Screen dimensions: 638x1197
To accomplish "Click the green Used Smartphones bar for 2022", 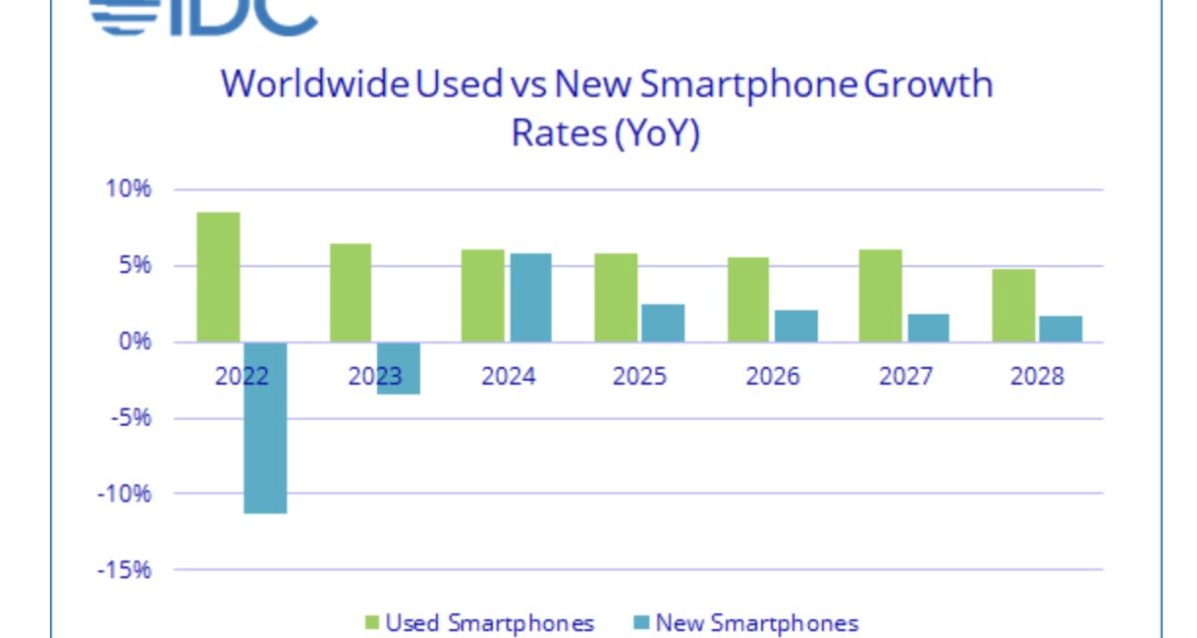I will [218, 277].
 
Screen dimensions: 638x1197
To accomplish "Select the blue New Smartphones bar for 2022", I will [264, 428].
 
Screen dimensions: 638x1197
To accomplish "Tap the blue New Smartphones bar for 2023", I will [397, 368].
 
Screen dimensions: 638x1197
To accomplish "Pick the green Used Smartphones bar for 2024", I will [483, 295].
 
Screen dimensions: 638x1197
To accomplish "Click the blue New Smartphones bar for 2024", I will [530, 297].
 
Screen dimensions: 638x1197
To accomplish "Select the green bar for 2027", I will [881, 295].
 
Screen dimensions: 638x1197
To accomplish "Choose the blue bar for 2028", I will [1059, 329].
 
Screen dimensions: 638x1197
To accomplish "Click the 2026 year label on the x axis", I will [773, 377].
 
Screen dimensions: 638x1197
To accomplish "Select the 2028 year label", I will [1036, 377].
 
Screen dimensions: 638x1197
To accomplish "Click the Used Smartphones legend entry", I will [478, 624].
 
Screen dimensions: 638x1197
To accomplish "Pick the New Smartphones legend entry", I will [743, 624].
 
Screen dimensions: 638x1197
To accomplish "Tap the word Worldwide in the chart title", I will [314, 84].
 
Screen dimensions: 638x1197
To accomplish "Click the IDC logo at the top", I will [204, 15].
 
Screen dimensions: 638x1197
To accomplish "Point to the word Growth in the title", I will [929, 84].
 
